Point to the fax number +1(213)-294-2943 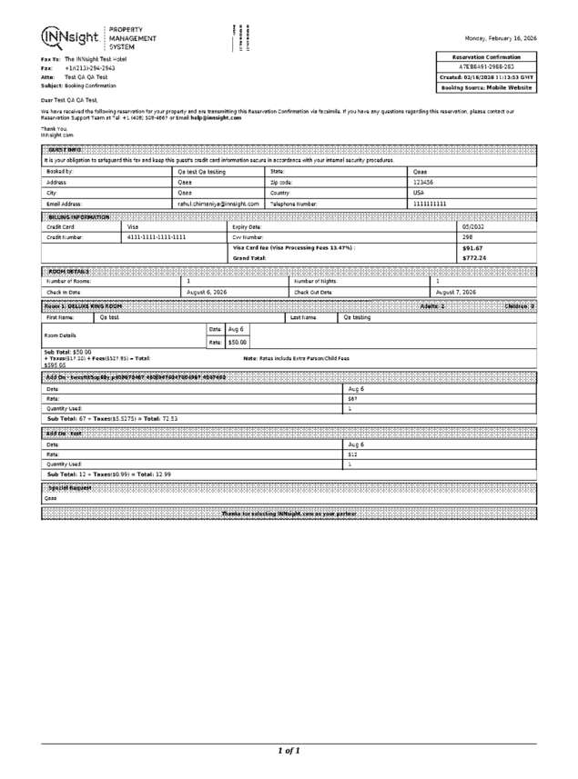tap(89, 68)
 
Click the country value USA tap(419, 193)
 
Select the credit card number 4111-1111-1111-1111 tap(157, 236)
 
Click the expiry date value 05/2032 tap(474, 225)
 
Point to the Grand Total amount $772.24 tap(474, 258)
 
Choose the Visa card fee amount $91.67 tap(472, 247)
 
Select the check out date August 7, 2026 tap(456, 292)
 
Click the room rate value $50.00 tap(238, 342)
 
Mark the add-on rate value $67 tap(353, 398)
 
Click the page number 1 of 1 tap(289, 751)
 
